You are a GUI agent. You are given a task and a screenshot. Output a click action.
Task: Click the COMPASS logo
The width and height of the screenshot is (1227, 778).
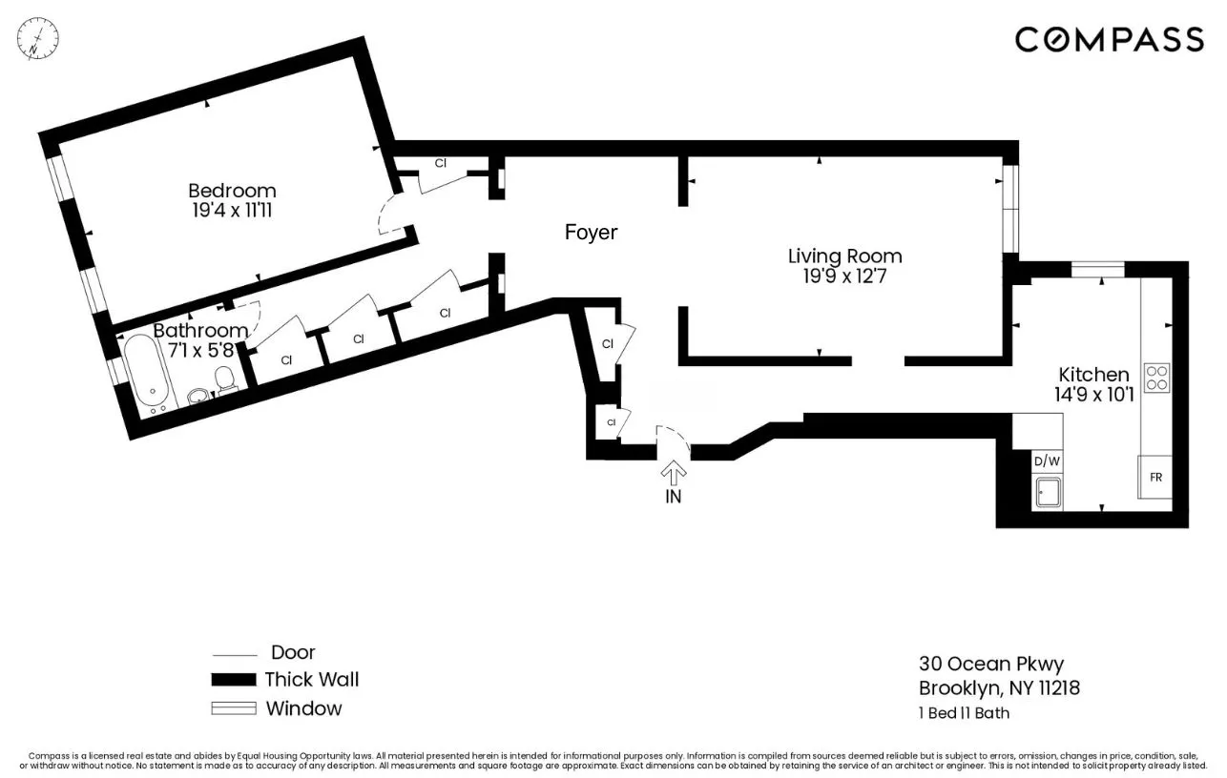[x=1109, y=39]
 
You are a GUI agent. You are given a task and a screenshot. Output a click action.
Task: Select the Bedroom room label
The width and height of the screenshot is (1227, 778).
[x=232, y=191]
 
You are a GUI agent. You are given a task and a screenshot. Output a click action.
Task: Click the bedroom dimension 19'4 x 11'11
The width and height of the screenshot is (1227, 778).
[x=232, y=211]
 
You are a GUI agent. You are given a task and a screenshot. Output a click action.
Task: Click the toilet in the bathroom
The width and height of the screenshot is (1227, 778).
[x=226, y=382]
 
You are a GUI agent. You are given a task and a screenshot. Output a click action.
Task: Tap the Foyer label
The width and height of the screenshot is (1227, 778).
[x=591, y=232]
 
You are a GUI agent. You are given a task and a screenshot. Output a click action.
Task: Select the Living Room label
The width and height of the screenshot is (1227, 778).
[x=844, y=256]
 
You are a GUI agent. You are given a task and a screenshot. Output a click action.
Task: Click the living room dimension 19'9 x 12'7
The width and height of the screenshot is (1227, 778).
[x=844, y=276]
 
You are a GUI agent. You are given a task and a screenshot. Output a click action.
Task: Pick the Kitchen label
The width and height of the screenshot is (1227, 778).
[x=1093, y=375]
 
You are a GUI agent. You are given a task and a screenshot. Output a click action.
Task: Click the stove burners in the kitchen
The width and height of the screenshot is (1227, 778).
[x=1156, y=378]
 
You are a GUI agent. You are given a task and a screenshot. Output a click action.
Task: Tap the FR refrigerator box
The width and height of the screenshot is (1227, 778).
[x=1155, y=477]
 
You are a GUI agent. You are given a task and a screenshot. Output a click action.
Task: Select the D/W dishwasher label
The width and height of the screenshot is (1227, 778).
[x=1047, y=461]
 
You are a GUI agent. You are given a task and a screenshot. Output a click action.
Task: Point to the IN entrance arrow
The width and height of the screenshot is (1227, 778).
[x=674, y=474]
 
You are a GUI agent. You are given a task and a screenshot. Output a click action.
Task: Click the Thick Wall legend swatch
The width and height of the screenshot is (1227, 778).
[x=233, y=680]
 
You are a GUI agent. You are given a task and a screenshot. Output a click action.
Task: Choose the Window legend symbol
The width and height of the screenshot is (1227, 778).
[x=233, y=708]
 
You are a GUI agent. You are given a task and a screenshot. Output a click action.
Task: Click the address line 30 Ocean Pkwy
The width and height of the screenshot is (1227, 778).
[x=990, y=664]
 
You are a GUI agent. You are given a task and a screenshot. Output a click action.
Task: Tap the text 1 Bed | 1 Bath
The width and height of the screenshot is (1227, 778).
[x=964, y=712]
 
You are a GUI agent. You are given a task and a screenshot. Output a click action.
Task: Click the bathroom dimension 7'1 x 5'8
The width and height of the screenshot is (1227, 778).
[x=201, y=350]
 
